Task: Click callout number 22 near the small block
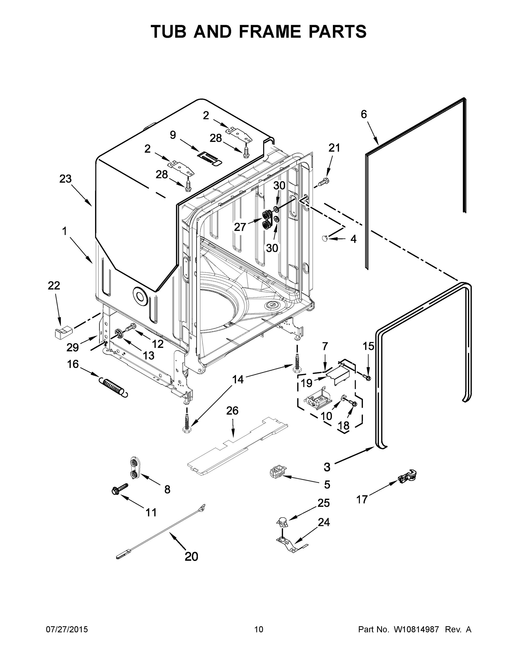pyautogui.click(x=54, y=286)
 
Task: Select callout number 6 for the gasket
pyautogui.click(x=363, y=115)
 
